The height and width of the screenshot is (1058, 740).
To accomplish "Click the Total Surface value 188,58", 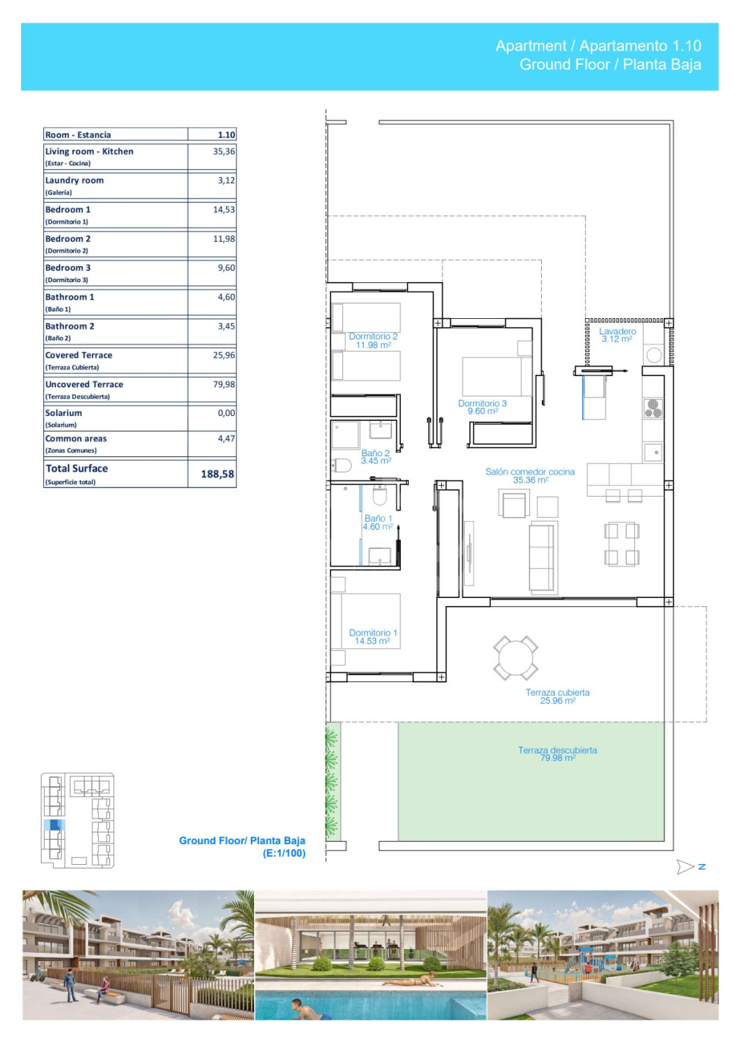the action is click(217, 474).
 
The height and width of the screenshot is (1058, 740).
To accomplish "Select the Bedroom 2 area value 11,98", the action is click(224, 239).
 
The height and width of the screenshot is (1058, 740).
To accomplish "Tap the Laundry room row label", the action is click(74, 181).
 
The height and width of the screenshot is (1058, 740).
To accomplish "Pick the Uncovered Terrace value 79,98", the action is click(224, 384).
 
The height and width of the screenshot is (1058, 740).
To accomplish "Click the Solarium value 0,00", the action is click(226, 413).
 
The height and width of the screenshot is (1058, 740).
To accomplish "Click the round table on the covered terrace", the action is click(515, 658).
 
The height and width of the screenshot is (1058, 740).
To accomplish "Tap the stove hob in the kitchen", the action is click(653, 408).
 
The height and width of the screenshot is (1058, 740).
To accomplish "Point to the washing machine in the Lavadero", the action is click(653, 355).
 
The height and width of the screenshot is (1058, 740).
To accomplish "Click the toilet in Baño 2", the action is click(341, 465).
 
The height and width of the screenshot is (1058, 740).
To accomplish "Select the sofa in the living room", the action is click(543, 558).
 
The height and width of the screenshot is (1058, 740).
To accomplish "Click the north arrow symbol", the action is click(685, 866).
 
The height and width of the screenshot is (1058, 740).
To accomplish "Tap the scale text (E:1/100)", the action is click(284, 853).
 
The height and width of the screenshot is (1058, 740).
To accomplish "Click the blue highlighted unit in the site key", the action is click(54, 824).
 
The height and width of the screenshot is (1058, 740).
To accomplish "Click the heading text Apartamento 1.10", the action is click(640, 46).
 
